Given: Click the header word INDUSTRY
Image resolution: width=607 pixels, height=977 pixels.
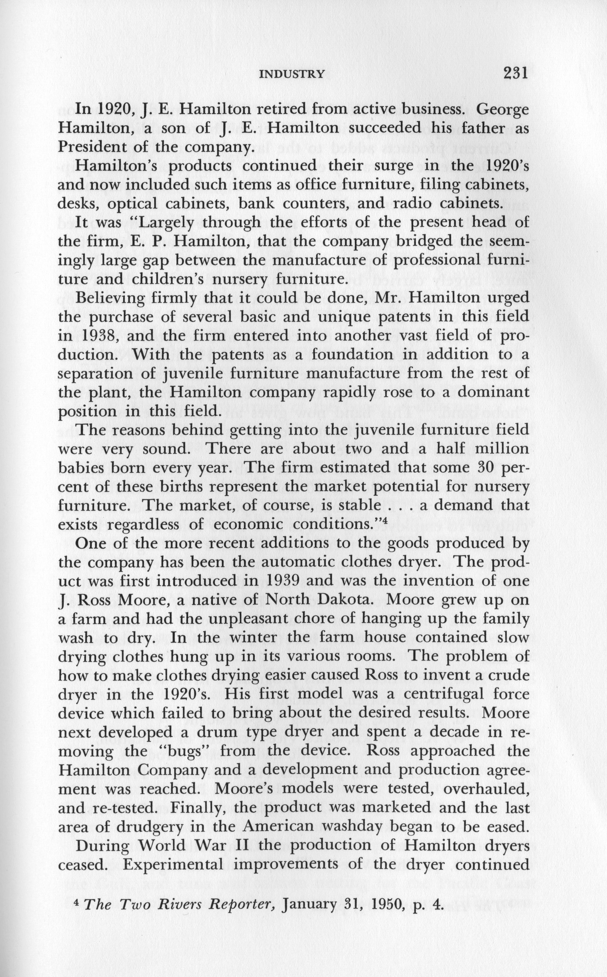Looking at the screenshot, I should point(292,74).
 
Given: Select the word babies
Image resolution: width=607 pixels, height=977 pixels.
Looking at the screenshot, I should point(80,468).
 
